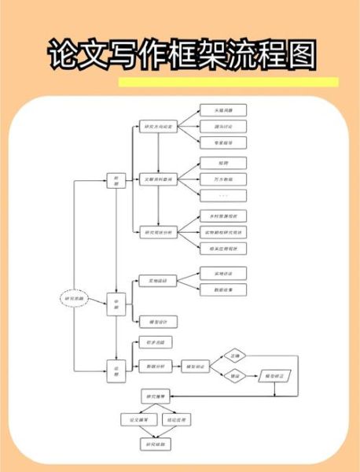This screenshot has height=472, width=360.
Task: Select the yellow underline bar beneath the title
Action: [228, 82]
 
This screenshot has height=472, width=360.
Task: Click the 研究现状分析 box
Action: [156, 232]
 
